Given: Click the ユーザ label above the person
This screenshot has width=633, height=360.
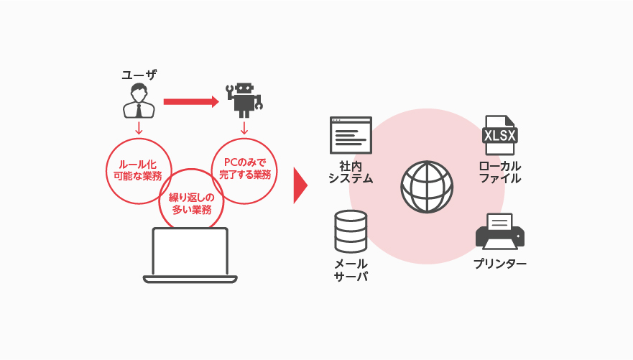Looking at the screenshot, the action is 139,75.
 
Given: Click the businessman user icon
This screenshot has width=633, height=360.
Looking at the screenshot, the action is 139,101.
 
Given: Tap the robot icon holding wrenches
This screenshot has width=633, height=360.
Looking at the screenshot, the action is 244,101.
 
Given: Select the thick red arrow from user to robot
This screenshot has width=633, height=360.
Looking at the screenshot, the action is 191,102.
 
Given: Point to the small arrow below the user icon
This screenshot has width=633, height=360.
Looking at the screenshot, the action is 139,128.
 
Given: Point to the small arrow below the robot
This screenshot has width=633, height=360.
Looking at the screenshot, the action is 244,128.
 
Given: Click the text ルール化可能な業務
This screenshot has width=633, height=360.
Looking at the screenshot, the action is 138,170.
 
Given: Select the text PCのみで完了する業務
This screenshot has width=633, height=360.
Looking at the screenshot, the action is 244,169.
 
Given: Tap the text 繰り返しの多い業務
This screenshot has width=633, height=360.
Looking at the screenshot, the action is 191,204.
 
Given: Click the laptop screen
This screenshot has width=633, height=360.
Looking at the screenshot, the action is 190,251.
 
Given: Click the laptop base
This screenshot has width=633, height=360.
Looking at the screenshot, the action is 190,280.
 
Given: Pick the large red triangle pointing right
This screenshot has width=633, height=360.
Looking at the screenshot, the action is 300,185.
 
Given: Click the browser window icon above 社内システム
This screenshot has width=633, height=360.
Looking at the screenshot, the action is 351,135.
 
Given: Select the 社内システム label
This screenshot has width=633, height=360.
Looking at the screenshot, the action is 351,172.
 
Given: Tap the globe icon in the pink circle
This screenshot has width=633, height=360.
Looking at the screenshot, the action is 427,187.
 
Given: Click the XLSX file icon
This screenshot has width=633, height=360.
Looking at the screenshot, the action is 500,135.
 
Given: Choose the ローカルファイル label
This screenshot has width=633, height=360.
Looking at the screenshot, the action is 500,172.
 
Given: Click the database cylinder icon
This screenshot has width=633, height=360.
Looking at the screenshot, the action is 351,231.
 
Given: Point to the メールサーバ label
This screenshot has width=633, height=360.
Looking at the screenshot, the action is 351,270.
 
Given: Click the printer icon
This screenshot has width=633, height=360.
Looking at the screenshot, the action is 500,231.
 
